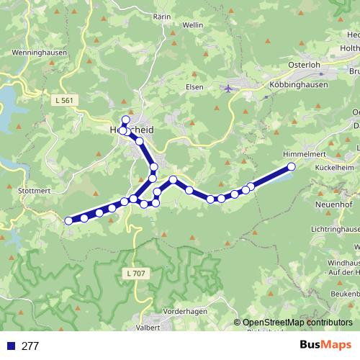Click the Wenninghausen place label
pos(39,53)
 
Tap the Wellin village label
pos(193,24)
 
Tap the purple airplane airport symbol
pos(228,88)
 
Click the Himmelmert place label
pos(305,155)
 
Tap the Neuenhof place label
pos(333,205)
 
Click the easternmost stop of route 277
pos(292,167)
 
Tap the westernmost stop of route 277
pos(69,221)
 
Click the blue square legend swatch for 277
pos(10,346)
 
